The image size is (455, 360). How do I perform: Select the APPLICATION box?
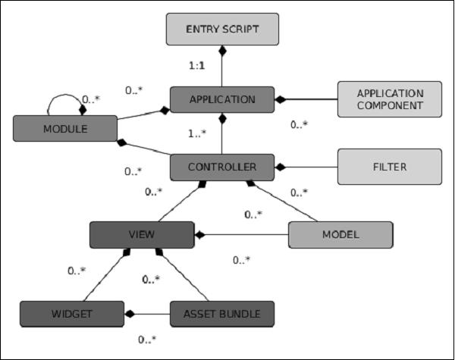pos(221,99)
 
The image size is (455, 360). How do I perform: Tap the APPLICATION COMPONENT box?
pos(390,99)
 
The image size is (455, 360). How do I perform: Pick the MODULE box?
pos(64,128)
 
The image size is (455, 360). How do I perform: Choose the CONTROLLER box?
pos(221,166)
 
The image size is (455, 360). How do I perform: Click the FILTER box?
pos(390,166)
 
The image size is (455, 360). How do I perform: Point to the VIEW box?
pos(142,234)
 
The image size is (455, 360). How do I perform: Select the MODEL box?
pos(340,234)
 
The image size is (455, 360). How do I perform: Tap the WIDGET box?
pos(71,312)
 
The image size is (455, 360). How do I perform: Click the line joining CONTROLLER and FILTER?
pos(311,166)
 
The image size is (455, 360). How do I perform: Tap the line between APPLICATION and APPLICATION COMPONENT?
pos(307,99)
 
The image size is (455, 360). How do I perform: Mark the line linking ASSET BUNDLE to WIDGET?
pos(148,312)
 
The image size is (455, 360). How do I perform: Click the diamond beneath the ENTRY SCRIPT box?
pos(221,51)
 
